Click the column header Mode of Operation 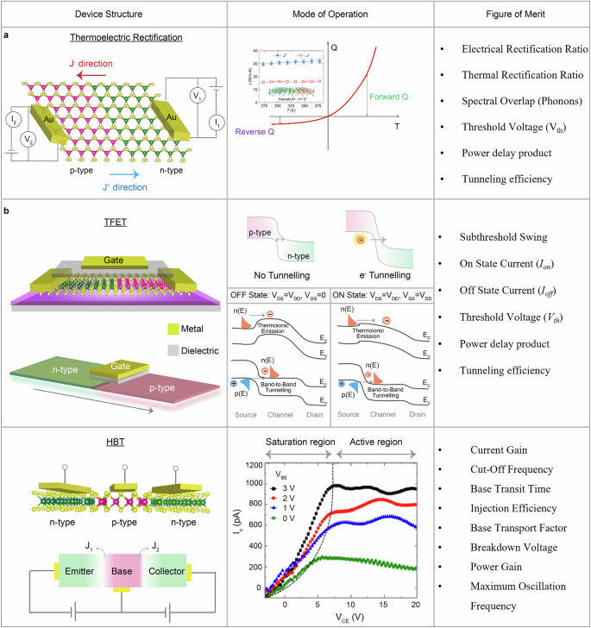click(329, 14)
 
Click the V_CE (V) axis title click(338, 616)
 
